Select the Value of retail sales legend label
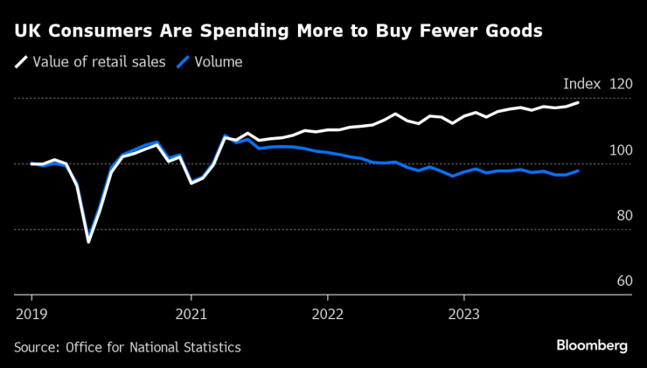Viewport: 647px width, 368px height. click(99, 62)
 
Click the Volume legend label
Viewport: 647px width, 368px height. click(219, 62)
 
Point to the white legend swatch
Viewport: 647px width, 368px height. click(20, 62)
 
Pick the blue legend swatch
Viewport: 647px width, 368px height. click(183, 62)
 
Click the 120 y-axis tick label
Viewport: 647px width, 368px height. click(620, 84)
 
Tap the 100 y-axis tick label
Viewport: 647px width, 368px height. click(620, 150)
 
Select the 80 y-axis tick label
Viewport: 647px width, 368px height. click(623, 216)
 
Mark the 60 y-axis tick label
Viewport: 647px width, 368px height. click(623, 281)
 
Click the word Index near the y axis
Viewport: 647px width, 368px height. click(581, 84)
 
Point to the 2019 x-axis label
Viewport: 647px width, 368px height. click(32, 313)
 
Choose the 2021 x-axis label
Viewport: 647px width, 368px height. click(191, 313)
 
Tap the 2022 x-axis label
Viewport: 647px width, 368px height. click(328, 313)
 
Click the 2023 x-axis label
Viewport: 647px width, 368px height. click(464, 313)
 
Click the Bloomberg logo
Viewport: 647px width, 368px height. click(592, 345)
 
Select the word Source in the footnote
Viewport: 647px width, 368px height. click(37, 347)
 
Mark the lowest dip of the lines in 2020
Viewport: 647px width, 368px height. click(88, 241)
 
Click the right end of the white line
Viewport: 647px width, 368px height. click(578, 103)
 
